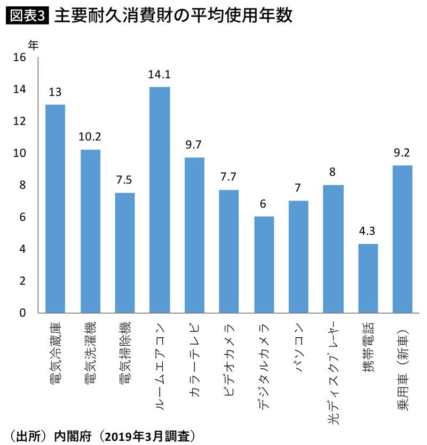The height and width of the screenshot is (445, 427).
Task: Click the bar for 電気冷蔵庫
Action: point(55,209)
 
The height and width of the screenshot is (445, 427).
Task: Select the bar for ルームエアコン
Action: point(160,200)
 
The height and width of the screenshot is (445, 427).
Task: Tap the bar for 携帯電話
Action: point(368,278)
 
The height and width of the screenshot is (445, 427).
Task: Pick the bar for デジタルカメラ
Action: point(264,264)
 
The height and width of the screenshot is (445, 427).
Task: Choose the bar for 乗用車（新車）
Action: point(403,239)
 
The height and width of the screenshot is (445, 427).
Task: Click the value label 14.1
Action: point(160,75)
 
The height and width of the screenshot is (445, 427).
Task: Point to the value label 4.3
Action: point(368,232)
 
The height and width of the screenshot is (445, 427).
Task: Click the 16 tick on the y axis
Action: point(19,58)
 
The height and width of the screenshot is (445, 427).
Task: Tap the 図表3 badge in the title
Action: point(27,16)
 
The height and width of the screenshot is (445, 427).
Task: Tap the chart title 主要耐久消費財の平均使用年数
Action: point(173,16)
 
